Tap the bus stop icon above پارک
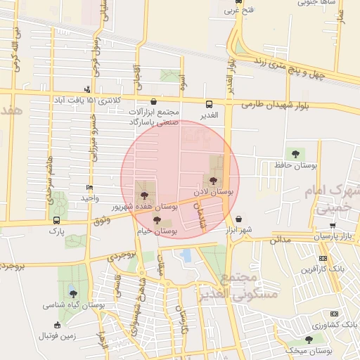tap(56, 219)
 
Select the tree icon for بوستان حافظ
tap(294, 154)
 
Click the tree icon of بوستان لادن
tap(214, 181)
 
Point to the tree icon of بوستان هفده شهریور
tap(144, 195)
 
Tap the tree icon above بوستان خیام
tap(157, 220)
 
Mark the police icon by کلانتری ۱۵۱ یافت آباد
tap(87, 89)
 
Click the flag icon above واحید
tap(89, 188)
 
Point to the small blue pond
tap(186, 255)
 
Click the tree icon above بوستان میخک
tap(309, 340)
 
